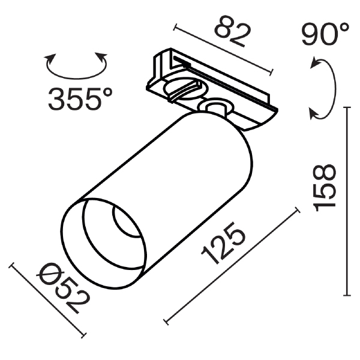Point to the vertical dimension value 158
tap(325, 188)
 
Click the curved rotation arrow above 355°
tap(76, 67)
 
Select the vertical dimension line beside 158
tap(347, 201)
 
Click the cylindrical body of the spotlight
tap(180, 174)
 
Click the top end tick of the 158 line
tap(347, 107)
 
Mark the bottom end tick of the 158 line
tap(347, 295)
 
